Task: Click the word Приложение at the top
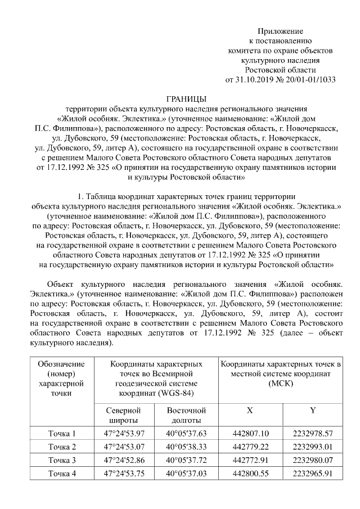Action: click(x=280, y=31)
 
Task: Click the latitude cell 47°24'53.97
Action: click(x=124, y=433)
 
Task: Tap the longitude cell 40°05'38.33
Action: click(x=187, y=447)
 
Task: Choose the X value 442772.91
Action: click(x=250, y=460)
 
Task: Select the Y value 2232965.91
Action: click(x=313, y=474)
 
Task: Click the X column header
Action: click(x=250, y=410)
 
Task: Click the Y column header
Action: click(x=313, y=410)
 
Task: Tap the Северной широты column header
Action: click(x=124, y=415)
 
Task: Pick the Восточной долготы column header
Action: click(x=187, y=415)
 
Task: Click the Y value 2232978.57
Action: click(x=313, y=433)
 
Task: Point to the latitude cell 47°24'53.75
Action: click(x=124, y=474)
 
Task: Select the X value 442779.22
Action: click(x=250, y=447)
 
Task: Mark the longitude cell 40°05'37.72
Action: click(x=187, y=460)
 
